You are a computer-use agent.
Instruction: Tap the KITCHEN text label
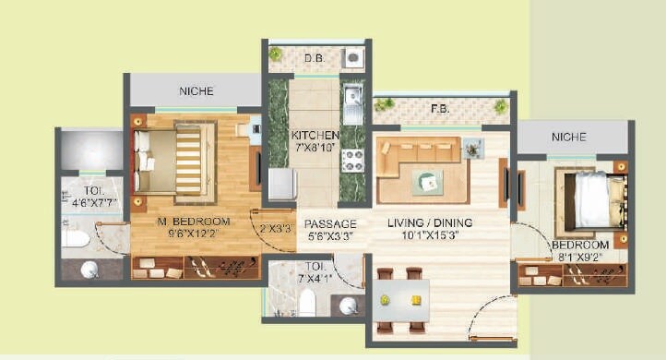tap(315, 135)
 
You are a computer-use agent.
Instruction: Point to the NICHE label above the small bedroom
tap(568, 137)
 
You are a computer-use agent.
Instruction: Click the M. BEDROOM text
tap(192, 221)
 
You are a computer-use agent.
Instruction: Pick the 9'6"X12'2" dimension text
tap(192, 234)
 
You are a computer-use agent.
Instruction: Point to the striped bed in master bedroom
tap(175, 159)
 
